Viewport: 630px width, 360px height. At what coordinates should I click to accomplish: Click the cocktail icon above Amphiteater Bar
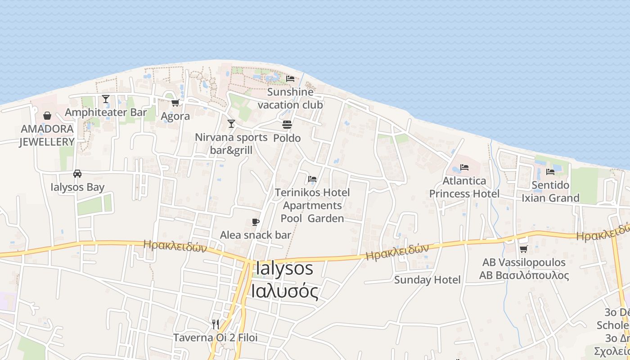106,99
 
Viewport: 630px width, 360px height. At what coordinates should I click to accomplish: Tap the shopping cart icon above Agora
175,103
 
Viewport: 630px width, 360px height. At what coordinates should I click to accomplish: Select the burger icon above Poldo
287,124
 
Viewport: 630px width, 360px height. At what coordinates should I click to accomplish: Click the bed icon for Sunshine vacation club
290,78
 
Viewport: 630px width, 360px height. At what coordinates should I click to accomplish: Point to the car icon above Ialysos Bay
77,174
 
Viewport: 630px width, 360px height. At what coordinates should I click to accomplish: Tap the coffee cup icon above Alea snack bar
256,222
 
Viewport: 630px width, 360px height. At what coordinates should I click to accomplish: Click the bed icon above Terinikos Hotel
312,179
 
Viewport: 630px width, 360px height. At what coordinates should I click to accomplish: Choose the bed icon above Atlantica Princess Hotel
464,167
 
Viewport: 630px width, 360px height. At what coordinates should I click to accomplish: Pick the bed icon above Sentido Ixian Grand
550,171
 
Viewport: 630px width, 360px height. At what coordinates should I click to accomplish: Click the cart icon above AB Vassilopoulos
523,249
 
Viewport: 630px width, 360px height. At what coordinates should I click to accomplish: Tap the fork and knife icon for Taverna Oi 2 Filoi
216,324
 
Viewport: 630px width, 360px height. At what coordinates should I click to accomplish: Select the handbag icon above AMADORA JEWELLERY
47,116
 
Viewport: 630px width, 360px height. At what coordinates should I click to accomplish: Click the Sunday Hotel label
427,280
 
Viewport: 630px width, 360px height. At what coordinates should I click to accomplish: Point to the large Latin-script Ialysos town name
284,268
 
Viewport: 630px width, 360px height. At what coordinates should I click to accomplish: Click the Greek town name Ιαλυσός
284,291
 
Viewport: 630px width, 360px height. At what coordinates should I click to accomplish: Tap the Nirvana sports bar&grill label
231,144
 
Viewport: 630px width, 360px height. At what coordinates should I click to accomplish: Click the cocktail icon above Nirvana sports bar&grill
231,124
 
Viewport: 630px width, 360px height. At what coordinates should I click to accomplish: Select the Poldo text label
287,138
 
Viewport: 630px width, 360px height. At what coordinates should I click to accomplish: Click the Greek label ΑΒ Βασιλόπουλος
524,275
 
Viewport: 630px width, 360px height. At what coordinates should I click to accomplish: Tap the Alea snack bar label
255,235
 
